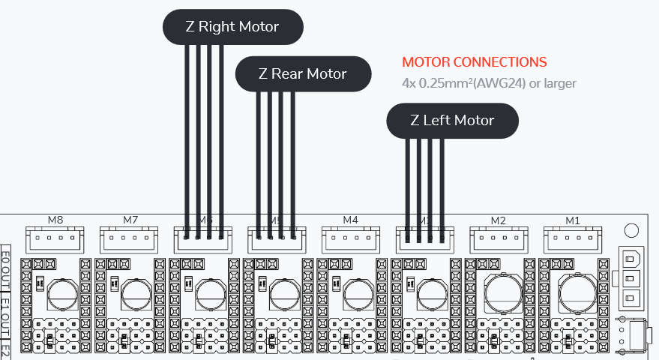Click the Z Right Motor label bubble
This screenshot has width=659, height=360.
point(232,27)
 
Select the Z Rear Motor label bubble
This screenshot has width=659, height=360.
point(303,73)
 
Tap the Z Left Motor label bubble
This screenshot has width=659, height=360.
point(452,120)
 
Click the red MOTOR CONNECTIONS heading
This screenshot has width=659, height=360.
point(475,62)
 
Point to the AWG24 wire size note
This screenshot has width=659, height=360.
point(489,82)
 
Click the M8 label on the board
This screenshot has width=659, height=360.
point(55,220)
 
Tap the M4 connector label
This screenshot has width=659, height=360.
point(351,220)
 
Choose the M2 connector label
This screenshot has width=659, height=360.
point(499,220)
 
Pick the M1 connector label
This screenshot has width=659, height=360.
point(573,220)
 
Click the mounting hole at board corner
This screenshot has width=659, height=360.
point(631,230)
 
